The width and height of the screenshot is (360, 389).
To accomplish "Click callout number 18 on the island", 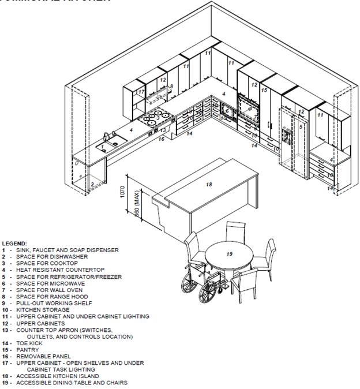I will click(x=209, y=185).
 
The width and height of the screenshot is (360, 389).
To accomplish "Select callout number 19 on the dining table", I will click(x=229, y=254).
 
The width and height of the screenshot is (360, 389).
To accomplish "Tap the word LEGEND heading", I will click(x=14, y=244).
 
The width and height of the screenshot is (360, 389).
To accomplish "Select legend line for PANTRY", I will click(x=28, y=350).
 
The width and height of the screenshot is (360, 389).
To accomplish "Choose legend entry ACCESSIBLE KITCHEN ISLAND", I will click(x=63, y=376).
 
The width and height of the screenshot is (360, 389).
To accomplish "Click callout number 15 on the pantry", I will click(x=264, y=91).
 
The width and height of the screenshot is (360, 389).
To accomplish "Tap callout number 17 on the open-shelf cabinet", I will click(x=141, y=92).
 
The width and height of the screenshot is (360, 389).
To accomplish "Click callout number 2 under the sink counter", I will click(x=92, y=185).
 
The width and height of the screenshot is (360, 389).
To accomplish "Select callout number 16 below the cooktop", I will click(x=162, y=139).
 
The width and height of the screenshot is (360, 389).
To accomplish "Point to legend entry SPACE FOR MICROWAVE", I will click(x=51, y=283).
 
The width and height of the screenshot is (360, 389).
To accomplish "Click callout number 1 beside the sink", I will click(x=103, y=147).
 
